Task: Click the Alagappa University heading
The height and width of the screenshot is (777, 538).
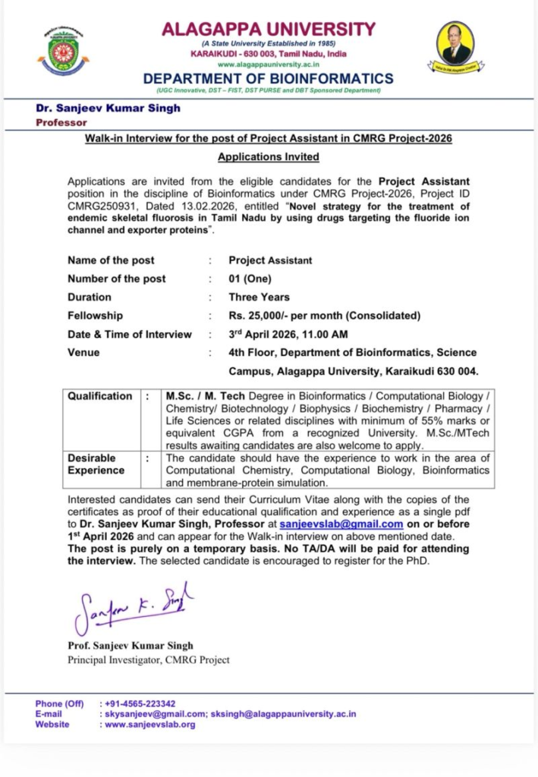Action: (269, 30)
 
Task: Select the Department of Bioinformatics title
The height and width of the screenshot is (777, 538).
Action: (269, 78)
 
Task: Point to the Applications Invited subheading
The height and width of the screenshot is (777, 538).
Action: (269, 157)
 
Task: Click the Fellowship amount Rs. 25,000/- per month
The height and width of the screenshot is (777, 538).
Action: (324, 316)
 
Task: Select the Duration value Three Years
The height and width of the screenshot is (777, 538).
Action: (259, 297)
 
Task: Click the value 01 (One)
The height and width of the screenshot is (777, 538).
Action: (250, 278)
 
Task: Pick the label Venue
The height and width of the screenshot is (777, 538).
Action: (83, 353)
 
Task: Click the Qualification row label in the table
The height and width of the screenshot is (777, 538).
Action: (99, 396)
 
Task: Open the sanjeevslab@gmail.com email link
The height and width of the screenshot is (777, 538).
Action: (341, 524)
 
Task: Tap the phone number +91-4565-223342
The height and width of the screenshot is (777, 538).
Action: (140, 703)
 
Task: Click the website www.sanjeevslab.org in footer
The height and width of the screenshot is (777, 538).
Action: (149, 725)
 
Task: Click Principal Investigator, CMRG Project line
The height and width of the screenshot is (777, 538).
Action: (149, 660)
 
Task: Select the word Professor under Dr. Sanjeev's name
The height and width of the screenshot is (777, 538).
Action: (61, 122)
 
